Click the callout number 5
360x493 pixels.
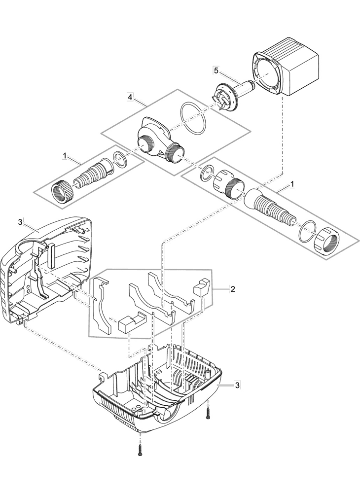(216, 70)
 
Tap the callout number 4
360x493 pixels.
(130, 97)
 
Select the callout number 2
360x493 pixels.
(232, 289)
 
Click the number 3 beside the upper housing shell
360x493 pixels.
(20, 222)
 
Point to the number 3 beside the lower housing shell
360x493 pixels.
(237, 385)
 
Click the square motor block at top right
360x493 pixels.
(285, 66)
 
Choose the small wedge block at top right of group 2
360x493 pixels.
(200, 287)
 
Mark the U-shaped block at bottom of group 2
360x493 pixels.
(132, 322)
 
